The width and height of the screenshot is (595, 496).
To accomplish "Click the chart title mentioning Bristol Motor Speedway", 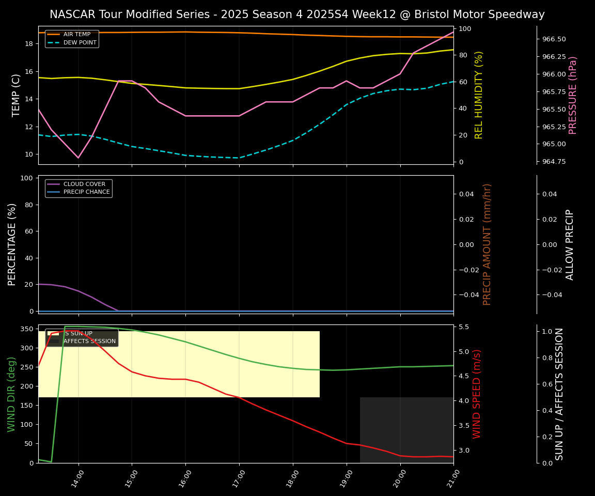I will click(297, 14).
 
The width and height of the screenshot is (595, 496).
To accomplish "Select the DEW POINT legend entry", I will click(80, 43).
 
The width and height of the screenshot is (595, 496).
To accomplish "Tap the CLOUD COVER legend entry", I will click(84, 184).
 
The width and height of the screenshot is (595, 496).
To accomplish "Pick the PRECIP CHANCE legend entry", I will click(86, 192).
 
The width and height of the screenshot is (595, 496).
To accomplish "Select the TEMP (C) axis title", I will click(16, 95).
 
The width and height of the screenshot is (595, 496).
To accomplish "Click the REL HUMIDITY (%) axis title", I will click(479, 95).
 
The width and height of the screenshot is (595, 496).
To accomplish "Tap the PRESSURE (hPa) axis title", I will click(573, 95).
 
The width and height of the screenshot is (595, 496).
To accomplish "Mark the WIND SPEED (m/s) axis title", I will click(477, 394).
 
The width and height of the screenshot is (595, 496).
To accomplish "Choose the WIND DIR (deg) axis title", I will click(11, 394).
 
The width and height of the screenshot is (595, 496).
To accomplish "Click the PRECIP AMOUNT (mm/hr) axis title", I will click(487, 244).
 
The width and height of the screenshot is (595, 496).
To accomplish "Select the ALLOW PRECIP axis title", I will click(570, 244).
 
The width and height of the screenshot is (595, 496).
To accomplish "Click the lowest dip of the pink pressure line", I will click(79, 158).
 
